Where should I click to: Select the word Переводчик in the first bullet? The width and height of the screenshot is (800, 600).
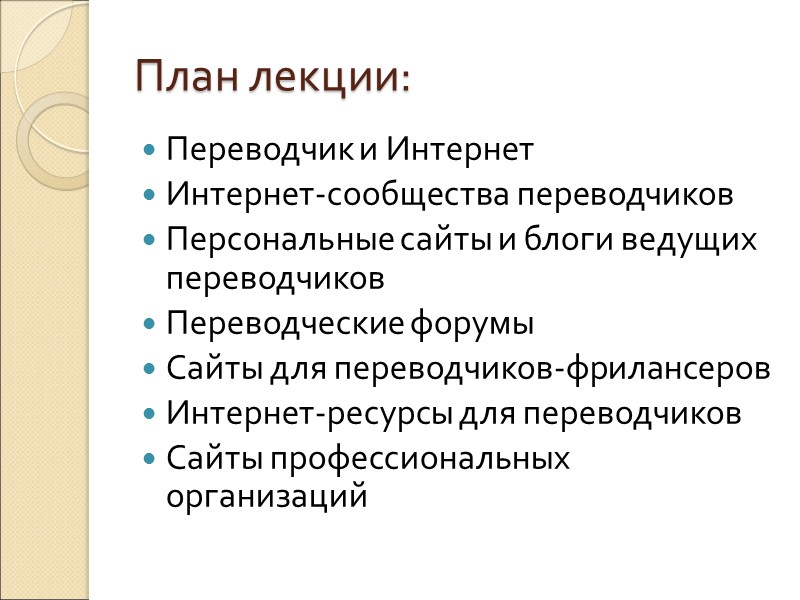coord(260,151)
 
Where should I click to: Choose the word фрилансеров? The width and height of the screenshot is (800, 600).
coord(669,369)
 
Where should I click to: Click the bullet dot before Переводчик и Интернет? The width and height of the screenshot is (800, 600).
coord(150,152)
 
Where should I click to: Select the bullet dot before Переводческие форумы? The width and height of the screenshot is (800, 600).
coord(150,326)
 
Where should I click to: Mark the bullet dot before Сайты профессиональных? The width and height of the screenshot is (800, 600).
coord(150,458)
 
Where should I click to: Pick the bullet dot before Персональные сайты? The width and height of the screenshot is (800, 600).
coord(150,240)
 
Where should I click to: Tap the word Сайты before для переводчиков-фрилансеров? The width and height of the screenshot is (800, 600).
coord(214,369)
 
